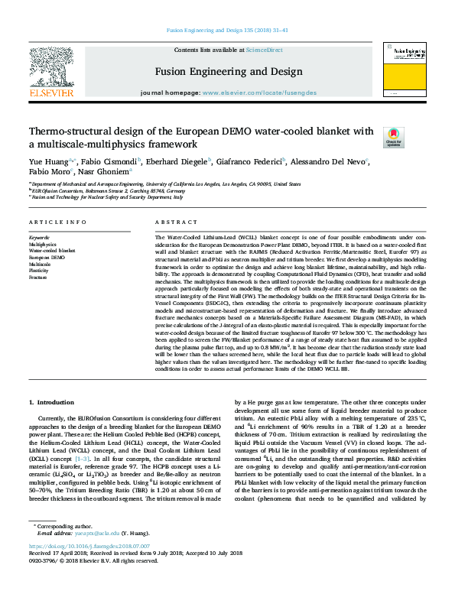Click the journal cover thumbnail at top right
[407, 71]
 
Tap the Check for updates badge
[414, 138]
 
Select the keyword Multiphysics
[43, 244]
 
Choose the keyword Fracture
[39, 278]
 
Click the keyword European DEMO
[47, 258]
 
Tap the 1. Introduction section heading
[52, 401]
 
